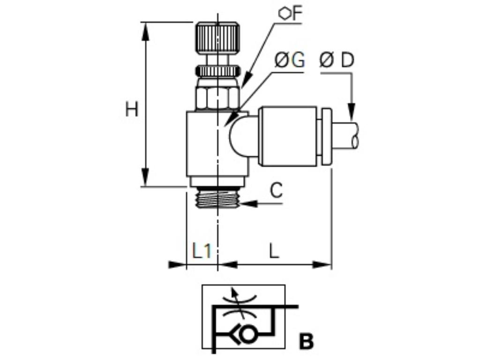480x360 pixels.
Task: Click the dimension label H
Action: point(132,110)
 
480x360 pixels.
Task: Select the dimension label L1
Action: point(202,251)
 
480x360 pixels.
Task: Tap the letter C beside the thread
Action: point(277,191)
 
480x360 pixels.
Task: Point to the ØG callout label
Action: point(289,60)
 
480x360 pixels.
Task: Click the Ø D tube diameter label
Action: point(337,60)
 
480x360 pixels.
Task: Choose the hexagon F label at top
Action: point(290,14)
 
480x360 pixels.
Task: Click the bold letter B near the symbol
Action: point(306,342)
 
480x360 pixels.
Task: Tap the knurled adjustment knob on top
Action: point(217,39)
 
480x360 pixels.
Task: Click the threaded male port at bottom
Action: point(217,198)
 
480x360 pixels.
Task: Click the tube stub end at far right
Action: point(349,135)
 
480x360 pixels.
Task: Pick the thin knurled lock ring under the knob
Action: point(217,71)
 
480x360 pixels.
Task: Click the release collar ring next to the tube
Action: point(327,136)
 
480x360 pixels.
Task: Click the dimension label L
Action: point(274,251)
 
